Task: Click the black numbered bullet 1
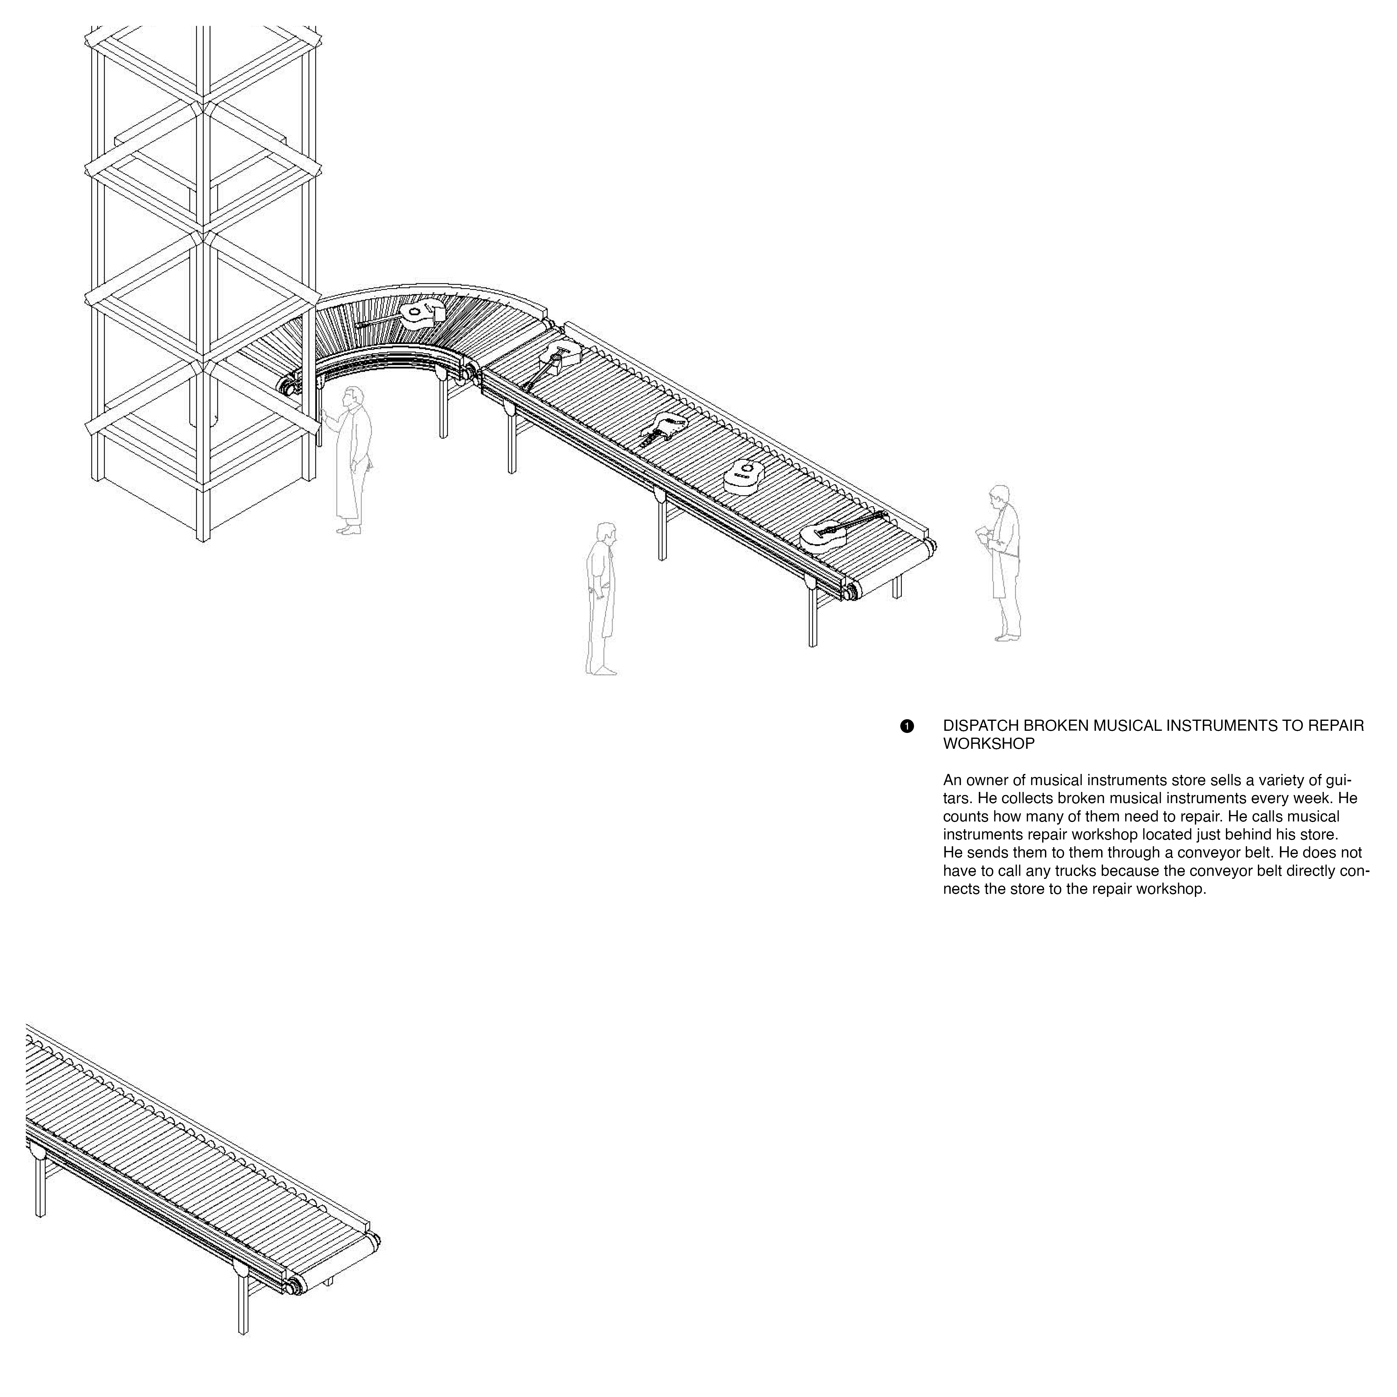pyautogui.click(x=907, y=726)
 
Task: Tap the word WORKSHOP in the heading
pyautogui.click(x=988, y=744)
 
